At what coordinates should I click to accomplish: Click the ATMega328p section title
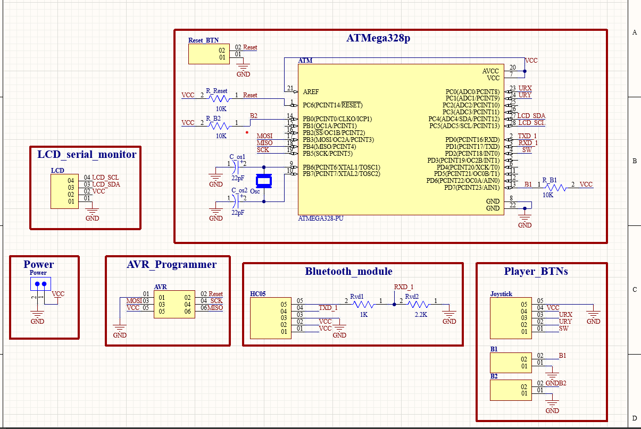point(378,39)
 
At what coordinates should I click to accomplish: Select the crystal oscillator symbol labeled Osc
point(263,181)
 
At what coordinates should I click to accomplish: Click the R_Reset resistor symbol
point(219,98)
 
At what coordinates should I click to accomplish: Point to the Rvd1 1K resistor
point(364,305)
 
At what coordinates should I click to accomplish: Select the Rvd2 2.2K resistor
point(418,305)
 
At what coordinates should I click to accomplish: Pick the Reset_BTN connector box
point(209,54)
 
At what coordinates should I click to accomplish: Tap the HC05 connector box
point(270,318)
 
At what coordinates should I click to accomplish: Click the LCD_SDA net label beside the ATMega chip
point(531,116)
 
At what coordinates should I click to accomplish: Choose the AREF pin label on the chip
point(311,92)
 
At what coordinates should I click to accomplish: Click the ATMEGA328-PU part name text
point(321,218)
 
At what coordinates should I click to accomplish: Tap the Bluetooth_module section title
point(348,271)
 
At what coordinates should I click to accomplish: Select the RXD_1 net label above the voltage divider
point(404,287)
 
